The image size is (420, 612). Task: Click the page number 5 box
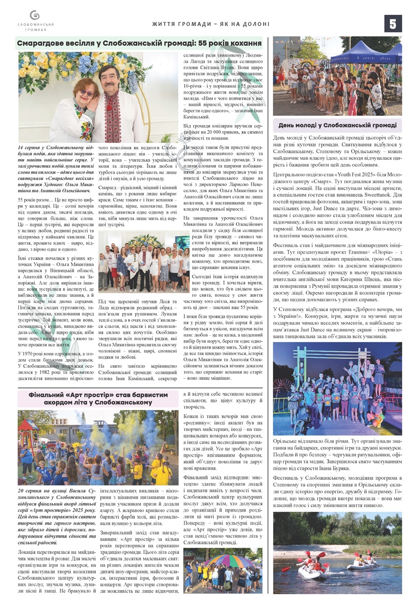pos(393,23)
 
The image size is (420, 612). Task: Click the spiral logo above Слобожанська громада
pos(35,15)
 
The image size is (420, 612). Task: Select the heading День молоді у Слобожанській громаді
pos(337,125)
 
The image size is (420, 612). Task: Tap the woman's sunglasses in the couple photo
pos(87,94)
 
